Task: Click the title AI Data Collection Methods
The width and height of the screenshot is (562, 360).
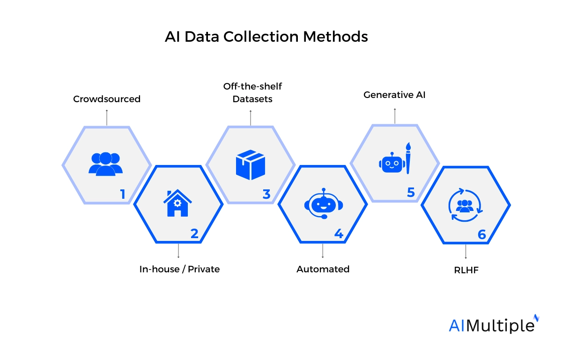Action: pos(266,37)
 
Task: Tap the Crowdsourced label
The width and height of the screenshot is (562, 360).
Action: pos(107,99)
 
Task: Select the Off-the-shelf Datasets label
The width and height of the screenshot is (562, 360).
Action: pos(252,93)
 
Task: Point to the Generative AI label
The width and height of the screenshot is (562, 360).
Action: pos(394,95)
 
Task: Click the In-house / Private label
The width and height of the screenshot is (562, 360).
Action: pos(179,269)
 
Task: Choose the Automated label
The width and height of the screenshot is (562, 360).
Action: pos(323,269)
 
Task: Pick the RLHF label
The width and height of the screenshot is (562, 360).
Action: pos(466,270)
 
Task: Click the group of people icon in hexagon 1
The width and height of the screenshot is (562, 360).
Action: pos(105,164)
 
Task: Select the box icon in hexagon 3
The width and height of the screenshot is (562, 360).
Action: pos(251,165)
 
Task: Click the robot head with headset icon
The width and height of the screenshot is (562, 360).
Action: pos(322,204)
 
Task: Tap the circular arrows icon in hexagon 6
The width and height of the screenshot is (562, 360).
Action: pos(465,205)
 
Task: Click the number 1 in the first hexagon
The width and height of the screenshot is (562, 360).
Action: pos(123,194)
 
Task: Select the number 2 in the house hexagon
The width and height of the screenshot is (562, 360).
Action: pos(194,233)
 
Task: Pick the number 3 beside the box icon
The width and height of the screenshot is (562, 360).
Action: pos(266,194)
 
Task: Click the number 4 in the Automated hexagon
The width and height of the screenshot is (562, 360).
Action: pos(339,233)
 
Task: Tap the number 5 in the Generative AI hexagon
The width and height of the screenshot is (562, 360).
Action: pos(411,193)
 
